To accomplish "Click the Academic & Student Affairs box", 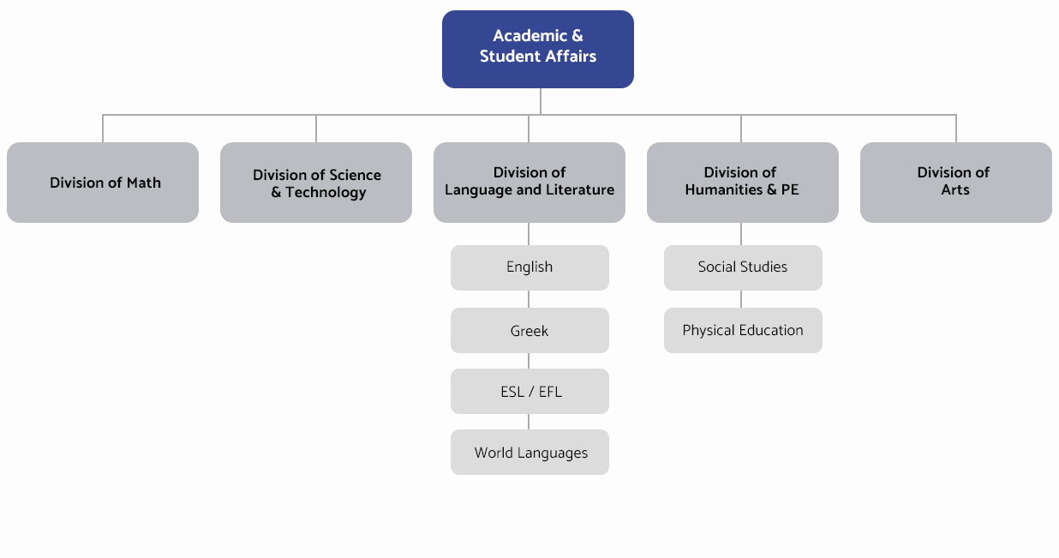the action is coord(538,49).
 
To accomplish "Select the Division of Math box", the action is coord(103,183).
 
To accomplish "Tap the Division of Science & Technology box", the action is coord(316,183).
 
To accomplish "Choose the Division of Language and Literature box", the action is coord(529,183).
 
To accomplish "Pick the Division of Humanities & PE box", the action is coord(743,183).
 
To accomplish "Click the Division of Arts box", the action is coord(956,183).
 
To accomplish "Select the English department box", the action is coord(529,267).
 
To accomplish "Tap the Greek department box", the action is coord(529,331).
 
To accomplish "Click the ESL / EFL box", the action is coord(529,392).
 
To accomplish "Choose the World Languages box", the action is coord(529,452).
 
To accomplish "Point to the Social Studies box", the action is coord(743,267).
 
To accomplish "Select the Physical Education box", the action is coord(743,331).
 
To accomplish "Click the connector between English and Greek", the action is coord(529,299).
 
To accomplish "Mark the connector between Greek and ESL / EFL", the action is coord(529,361).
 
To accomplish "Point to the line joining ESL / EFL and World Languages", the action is coord(529,422).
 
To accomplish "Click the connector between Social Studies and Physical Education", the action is coord(741,299).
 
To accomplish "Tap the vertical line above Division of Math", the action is coord(103,129).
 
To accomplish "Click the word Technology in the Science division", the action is coord(326,193).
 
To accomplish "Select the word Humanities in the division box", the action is coord(724,189).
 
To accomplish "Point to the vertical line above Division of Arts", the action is coord(956,129).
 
